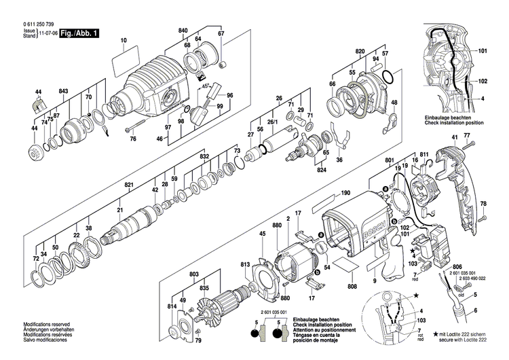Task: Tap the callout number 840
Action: tap(183, 31)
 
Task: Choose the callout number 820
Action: tap(359, 52)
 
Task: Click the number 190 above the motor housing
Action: tap(345, 194)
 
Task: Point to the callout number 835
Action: tap(203, 287)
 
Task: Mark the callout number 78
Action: tap(483, 204)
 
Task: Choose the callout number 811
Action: tap(424, 156)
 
